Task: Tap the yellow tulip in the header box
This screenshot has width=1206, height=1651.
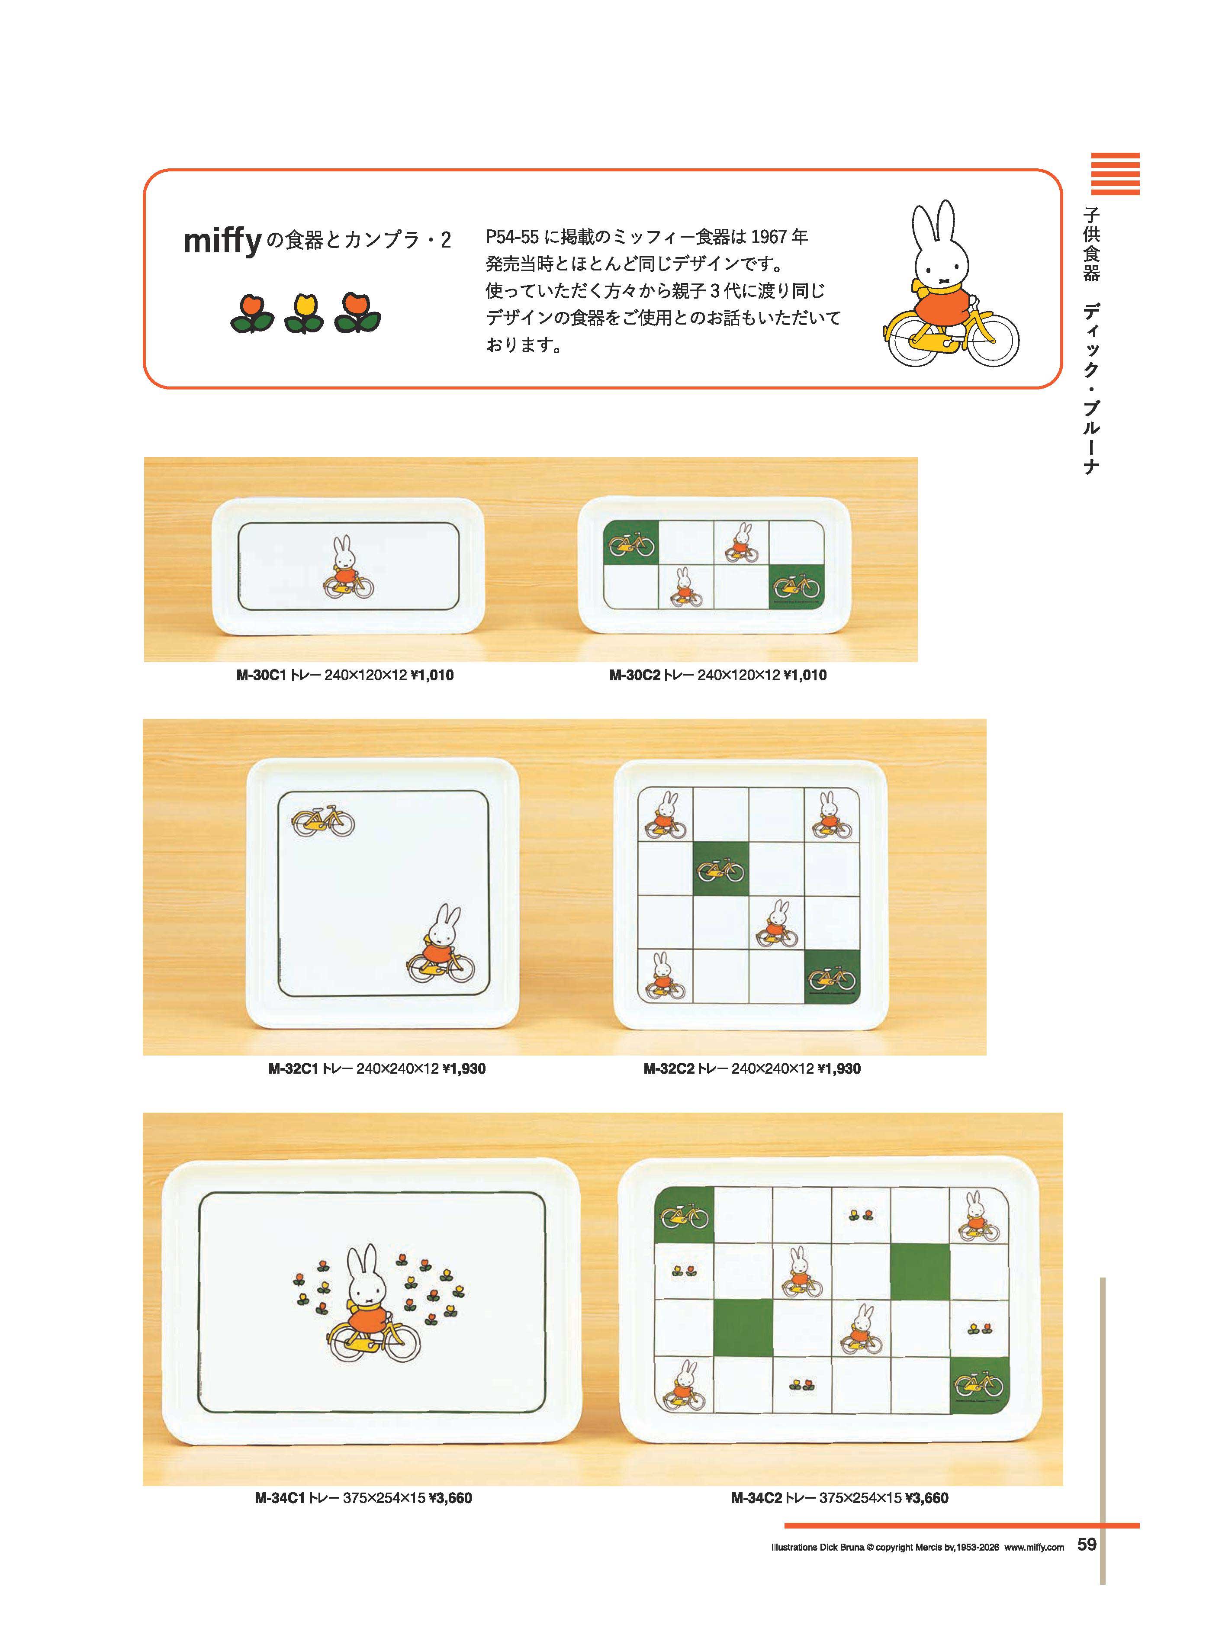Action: [304, 314]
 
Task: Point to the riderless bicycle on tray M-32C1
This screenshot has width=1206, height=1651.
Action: [323, 821]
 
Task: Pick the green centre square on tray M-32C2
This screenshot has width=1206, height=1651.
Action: [720, 869]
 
